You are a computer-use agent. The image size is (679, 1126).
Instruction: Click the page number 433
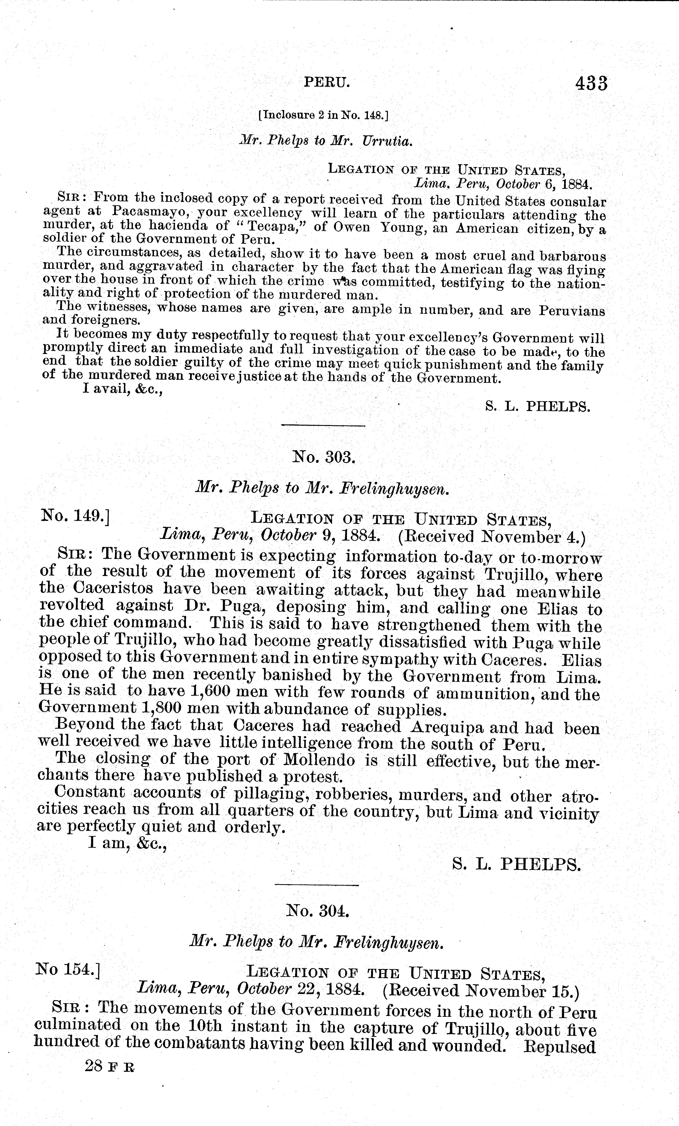pos(592,84)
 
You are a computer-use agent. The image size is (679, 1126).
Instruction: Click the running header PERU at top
pos(327,82)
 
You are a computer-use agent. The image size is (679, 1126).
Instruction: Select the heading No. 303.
pos(324,457)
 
